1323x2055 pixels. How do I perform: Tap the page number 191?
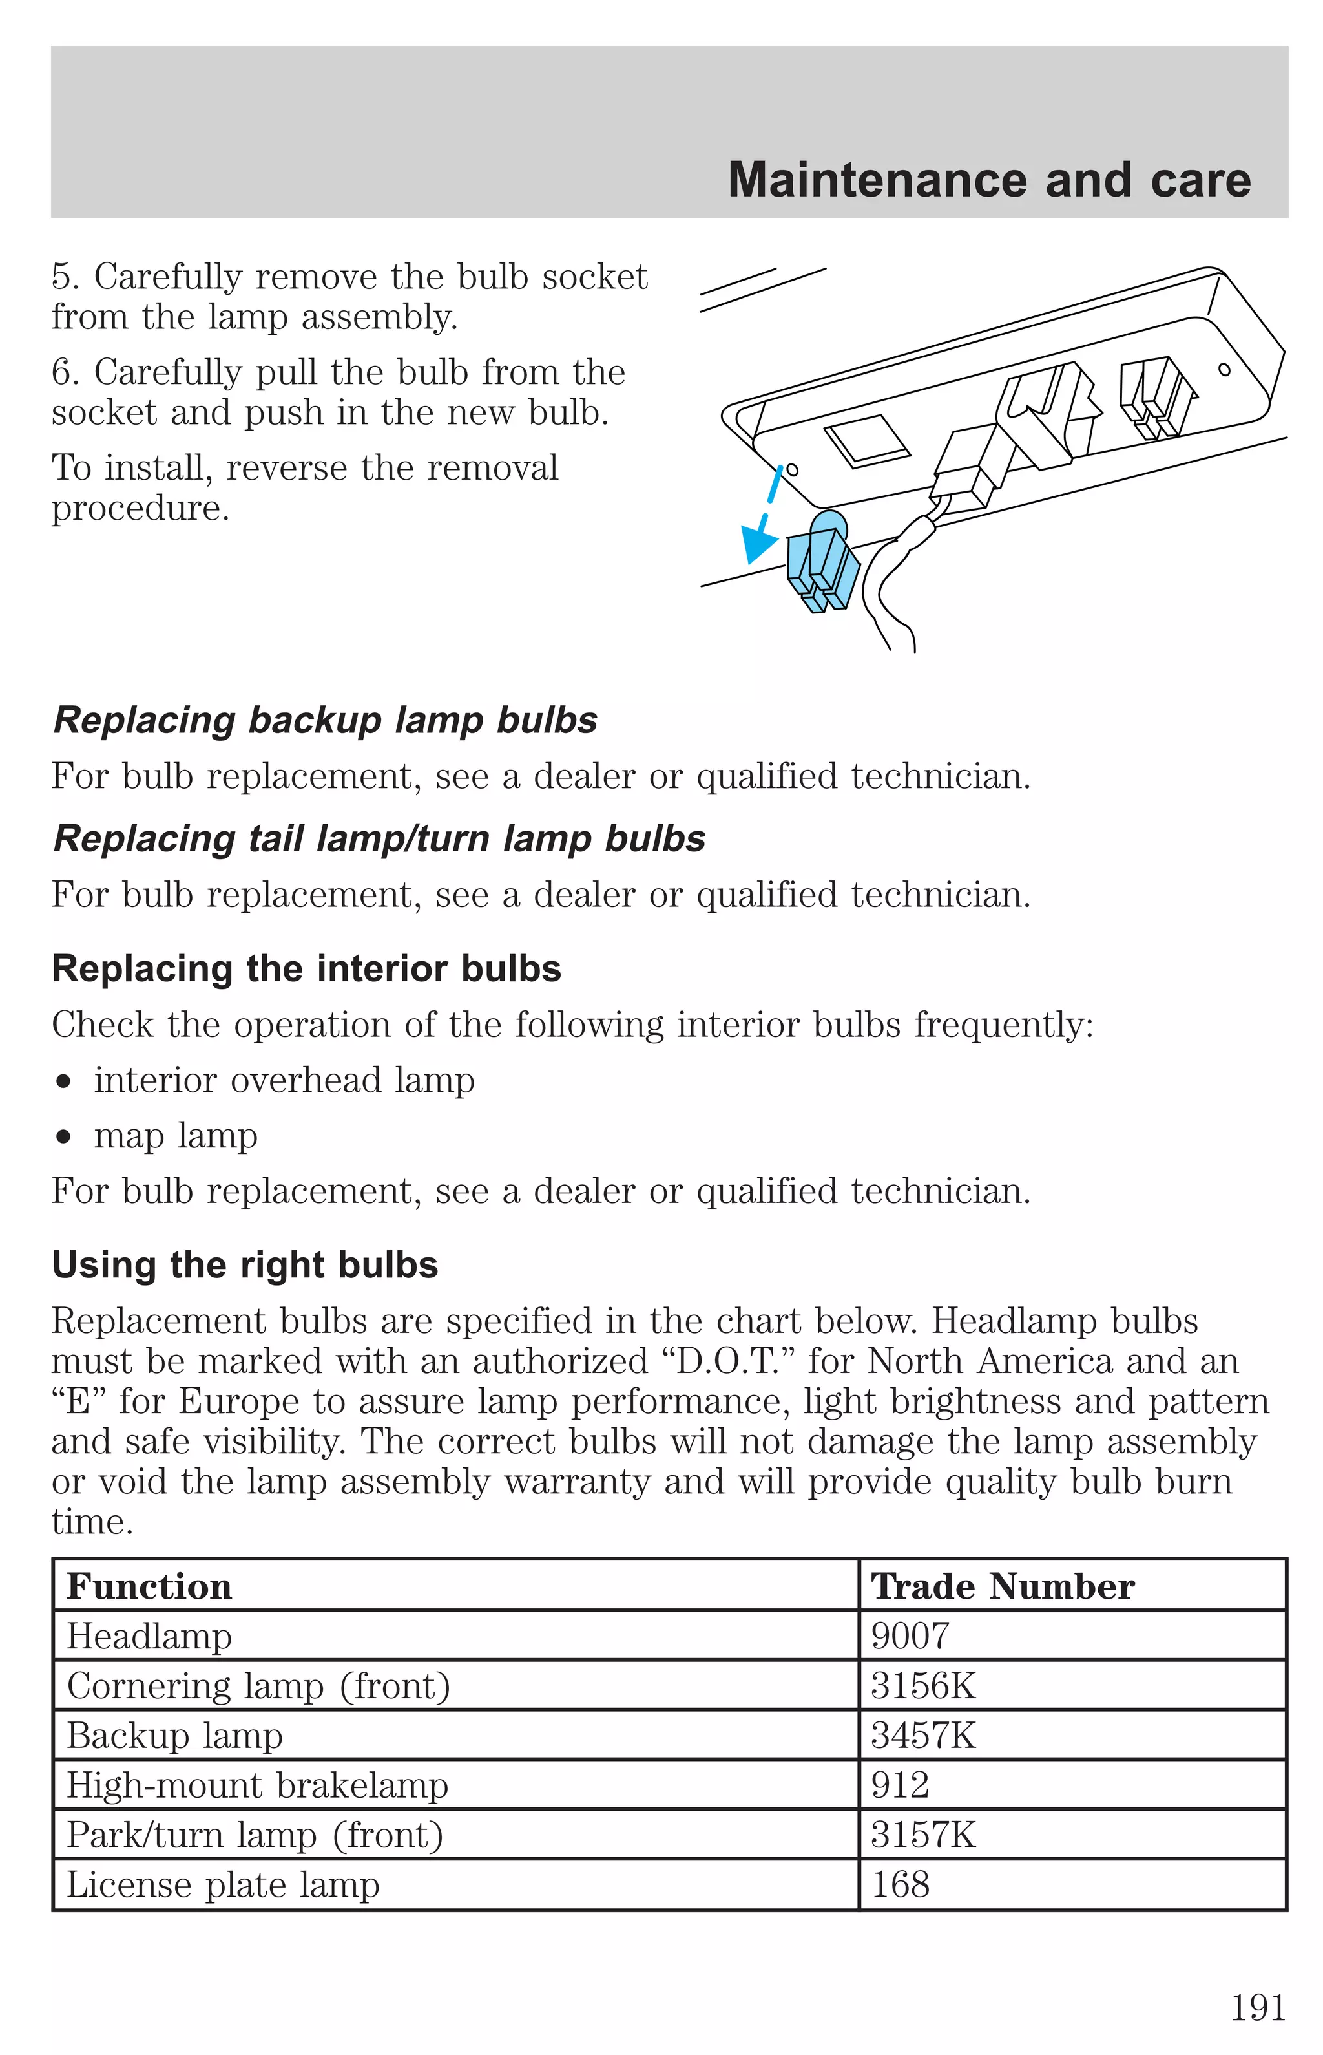point(1258,2008)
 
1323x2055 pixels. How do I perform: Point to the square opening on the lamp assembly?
point(867,441)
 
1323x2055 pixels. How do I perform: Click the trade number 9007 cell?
point(911,1635)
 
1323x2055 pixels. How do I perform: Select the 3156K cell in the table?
point(924,1685)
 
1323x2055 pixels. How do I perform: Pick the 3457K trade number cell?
point(924,1735)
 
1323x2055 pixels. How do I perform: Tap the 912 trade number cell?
point(901,1785)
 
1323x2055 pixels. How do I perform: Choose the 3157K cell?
point(924,1835)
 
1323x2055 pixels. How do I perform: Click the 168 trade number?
point(901,1885)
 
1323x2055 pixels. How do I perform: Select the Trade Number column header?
point(1003,1586)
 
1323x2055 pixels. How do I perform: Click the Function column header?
point(149,1586)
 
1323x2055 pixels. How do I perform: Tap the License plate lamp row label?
point(224,1885)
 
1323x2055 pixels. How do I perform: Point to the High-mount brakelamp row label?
point(258,1785)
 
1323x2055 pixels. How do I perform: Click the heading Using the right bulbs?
point(245,1265)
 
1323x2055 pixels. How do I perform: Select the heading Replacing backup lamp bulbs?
point(325,720)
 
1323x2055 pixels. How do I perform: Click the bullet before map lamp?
point(63,1137)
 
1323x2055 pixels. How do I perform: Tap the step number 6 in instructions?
point(62,373)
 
